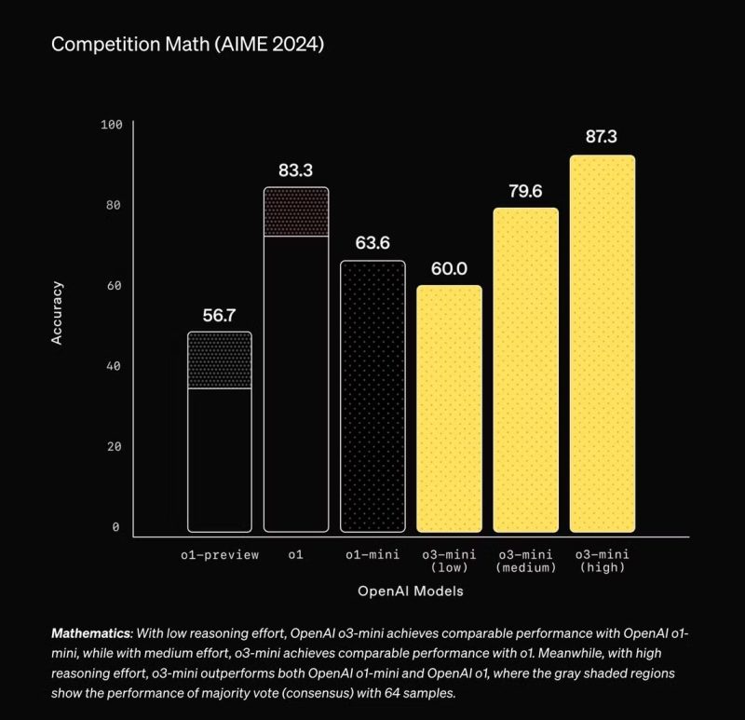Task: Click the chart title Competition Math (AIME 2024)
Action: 187,45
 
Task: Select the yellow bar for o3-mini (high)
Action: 603,345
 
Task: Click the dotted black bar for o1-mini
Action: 373,396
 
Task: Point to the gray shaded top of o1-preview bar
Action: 220,360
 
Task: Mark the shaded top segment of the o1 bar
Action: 296,212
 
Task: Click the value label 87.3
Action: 602,137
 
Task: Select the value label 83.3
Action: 296,170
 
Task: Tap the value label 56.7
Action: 220,315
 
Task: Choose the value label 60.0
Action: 449,269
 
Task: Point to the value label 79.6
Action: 525,191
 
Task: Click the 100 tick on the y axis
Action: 112,125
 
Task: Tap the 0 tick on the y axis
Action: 116,527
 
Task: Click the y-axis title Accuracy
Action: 58,313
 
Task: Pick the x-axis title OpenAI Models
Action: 411,591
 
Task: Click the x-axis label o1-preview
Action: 220,555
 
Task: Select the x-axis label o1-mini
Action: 372,555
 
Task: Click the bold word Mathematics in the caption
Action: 90,632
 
